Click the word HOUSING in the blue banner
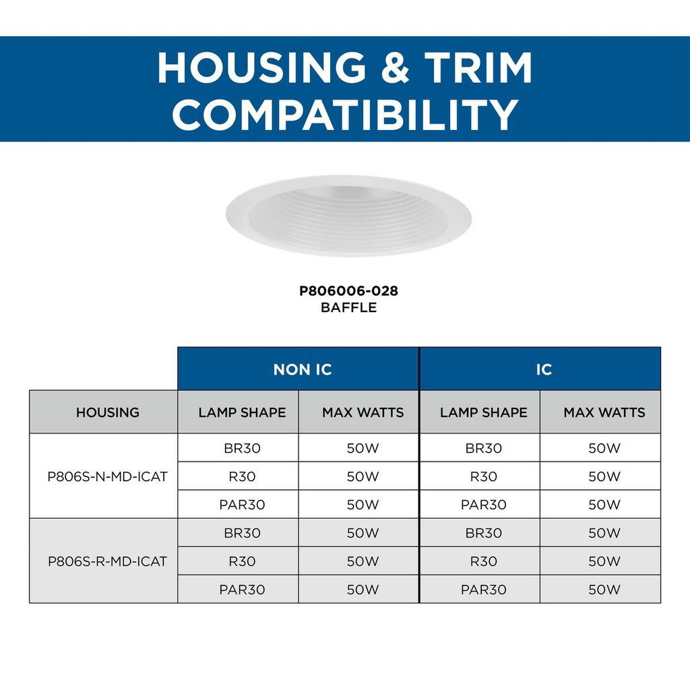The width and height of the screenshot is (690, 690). tap(262, 67)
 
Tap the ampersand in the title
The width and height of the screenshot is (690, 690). tap(395, 67)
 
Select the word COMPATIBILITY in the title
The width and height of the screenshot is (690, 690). tap(346, 114)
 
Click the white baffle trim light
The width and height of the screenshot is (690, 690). tap(348, 216)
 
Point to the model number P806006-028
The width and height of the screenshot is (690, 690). tap(348, 291)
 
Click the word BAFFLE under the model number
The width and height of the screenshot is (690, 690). tap(348, 307)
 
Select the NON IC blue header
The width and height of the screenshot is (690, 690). tap(299, 369)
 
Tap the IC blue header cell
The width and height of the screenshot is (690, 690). tap(540, 369)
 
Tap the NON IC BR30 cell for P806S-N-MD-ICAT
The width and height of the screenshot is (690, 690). tap(238, 448)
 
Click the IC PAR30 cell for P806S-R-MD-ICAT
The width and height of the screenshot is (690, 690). tap(480, 589)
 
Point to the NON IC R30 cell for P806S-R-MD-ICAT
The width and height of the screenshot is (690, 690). tap(238, 561)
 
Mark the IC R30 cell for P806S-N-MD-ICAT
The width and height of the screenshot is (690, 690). tap(480, 476)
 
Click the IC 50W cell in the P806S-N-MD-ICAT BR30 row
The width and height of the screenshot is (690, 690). tap(600, 448)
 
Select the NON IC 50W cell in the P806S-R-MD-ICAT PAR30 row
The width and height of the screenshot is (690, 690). tap(358, 589)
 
